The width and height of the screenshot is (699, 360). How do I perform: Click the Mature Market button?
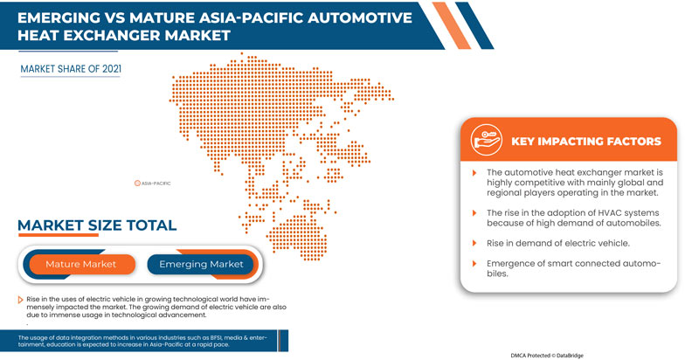point(81,263)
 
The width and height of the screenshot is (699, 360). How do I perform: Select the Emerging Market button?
point(200,263)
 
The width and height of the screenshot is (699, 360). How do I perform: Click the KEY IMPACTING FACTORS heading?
point(585,142)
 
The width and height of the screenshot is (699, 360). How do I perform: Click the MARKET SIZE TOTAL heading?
point(97,226)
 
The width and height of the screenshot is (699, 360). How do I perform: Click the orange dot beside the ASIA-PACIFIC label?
point(137,183)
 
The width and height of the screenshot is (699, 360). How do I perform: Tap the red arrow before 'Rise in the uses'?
point(20,299)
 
